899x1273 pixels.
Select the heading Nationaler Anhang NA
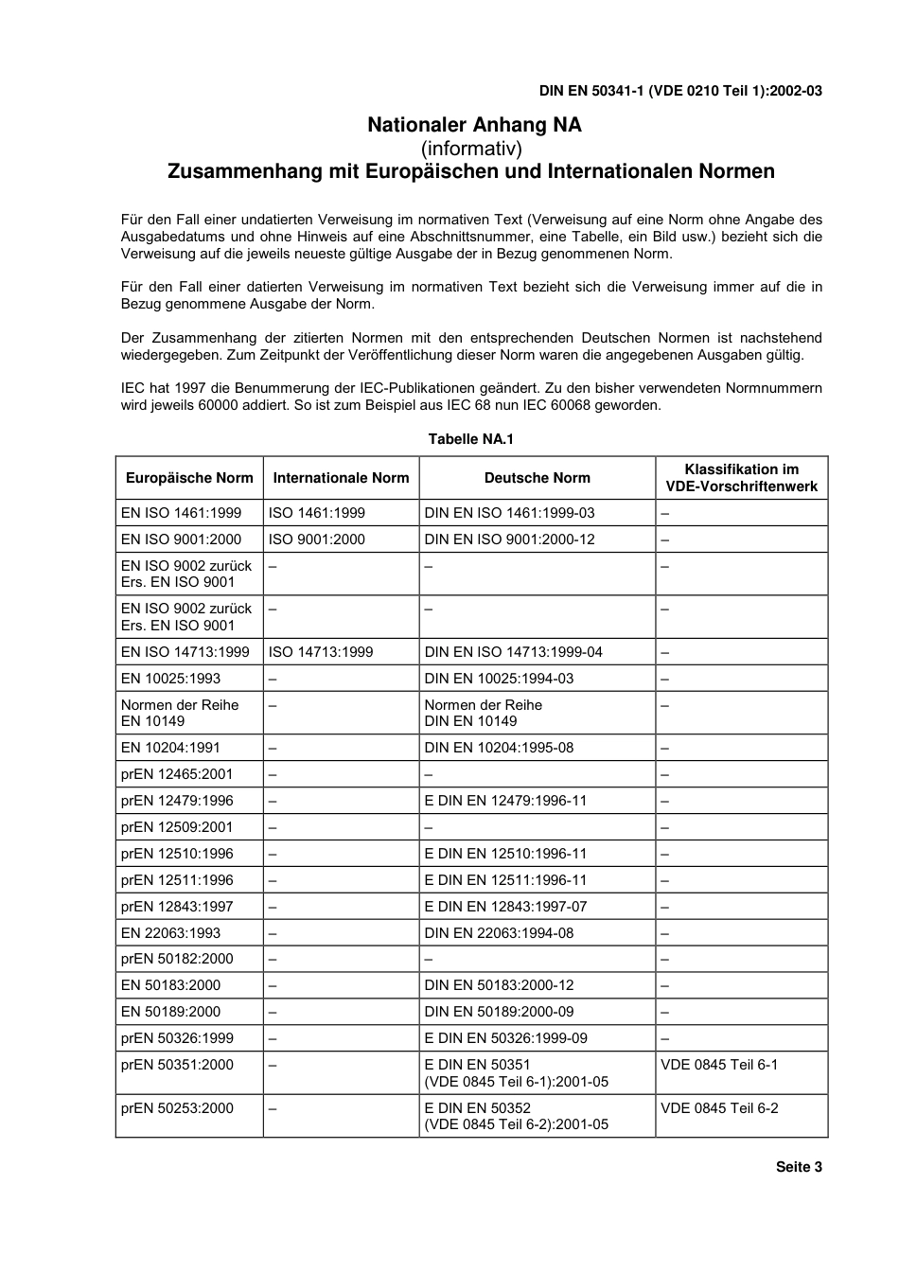click(474, 125)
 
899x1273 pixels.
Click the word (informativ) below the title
click(471, 149)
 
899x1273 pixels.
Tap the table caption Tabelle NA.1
click(470, 439)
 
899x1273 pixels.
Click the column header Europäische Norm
click(189, 478)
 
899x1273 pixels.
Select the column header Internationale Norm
click(341, 478)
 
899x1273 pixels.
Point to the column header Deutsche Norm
click(537, 478)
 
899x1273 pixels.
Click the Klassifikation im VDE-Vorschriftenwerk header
click(741, 478)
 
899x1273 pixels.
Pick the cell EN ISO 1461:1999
click(181, 513)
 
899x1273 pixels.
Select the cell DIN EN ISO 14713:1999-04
click(513, 652)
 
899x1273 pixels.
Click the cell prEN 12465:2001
click(177, 774)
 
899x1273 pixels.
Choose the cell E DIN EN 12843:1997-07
click(505, 907)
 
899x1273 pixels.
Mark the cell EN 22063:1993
click(170, 933)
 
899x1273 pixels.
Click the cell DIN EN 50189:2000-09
click(499, 1012)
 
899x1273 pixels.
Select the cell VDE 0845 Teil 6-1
click(719, 1065)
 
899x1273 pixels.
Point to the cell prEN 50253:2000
click(177, 1108)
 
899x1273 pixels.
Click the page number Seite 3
click(799, 1167)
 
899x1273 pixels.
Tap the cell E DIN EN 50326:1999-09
click(505, 1038)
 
